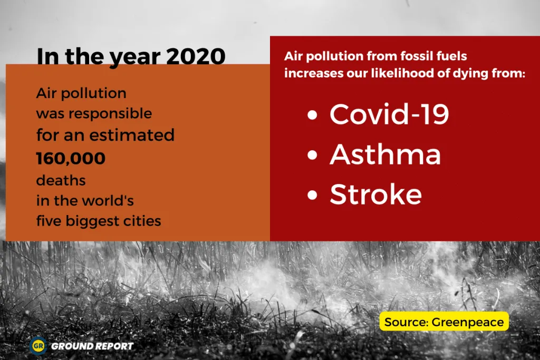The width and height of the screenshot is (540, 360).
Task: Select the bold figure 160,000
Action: pyautogui.click(x=71, y=158)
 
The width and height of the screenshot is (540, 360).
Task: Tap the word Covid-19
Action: pyautogui.click(x=389, y=114)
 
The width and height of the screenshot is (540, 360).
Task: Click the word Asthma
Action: pyautogui.click(x=385, y=154)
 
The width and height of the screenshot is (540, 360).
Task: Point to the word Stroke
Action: pyautogui.click(x=375, y=194)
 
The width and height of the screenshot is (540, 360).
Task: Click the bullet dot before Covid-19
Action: pyautogui.click(x=313, y=115)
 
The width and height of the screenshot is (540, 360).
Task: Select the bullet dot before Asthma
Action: pyautogui.click(x=313, y=155)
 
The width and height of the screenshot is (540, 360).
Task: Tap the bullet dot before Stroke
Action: pyautogui.click(x=313, y=196)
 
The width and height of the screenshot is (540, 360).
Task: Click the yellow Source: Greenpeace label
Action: pyautogui.click(x=444, y=322)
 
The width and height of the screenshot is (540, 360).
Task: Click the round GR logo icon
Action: pyautogui.click(x=38, y=346)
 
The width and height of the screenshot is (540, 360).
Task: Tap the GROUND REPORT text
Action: pyautogui.click(x=92, y=346)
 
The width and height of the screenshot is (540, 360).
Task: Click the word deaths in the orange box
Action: pyautogui.click(x=61, y=180)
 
